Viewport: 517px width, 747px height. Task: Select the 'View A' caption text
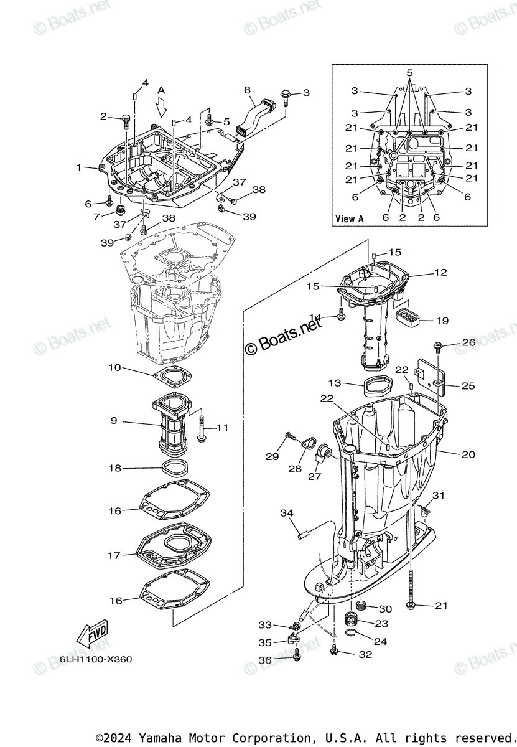click(349, 218)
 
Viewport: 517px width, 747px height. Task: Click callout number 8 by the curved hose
click(247, 90)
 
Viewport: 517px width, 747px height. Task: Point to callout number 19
click(442, 321)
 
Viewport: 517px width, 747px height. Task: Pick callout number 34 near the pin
click(287, 513)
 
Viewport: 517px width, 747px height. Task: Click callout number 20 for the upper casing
click(468, 454)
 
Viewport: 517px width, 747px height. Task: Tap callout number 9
click(114, 421)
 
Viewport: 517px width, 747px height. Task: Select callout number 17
click(114, 555)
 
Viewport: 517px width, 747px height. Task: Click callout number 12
click(440, 273)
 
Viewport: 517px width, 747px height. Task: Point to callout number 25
click(468, 386)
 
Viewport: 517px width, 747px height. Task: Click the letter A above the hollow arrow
click(161, 90)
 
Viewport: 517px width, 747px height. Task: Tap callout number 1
click(79, 167)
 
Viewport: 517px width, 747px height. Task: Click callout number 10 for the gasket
click(114, 368)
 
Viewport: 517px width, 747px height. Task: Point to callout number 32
click(365, 654)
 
